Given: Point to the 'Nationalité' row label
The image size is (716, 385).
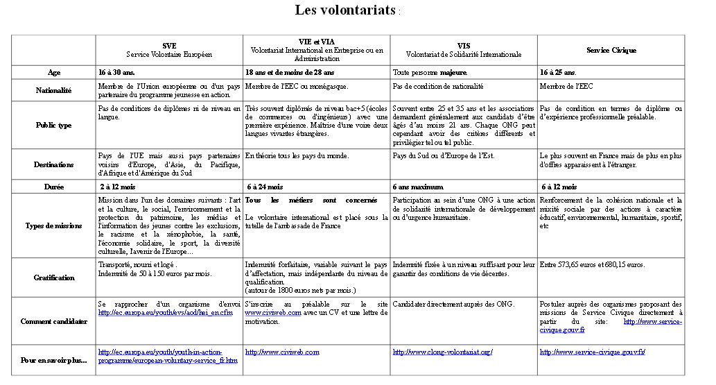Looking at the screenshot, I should [x=53, y=90].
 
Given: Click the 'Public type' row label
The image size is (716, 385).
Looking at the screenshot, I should [x=53, y=125].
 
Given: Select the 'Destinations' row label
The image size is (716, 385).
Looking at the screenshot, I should [x=53, y=164].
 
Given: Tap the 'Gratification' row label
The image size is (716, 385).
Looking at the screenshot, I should [x=53, y=277].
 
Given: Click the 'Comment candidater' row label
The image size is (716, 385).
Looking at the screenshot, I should [x=53, y=321].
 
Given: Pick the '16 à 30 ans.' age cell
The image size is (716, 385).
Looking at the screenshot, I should [x=121, y=72].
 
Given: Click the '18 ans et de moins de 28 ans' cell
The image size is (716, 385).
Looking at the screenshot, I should [x=290, y=72].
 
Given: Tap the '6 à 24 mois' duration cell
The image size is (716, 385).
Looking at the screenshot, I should [x=265, y=187].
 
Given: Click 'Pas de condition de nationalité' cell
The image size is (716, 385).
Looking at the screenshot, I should [x=437, y=86].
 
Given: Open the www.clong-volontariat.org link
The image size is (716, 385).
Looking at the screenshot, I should [x=442, y=352].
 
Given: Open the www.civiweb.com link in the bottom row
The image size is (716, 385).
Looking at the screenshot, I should [x=282, y=352].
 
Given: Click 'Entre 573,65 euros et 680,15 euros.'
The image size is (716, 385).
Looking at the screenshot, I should [x=592, y=264].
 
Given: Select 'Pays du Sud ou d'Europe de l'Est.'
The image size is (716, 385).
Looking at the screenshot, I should [x=443, y=155].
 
